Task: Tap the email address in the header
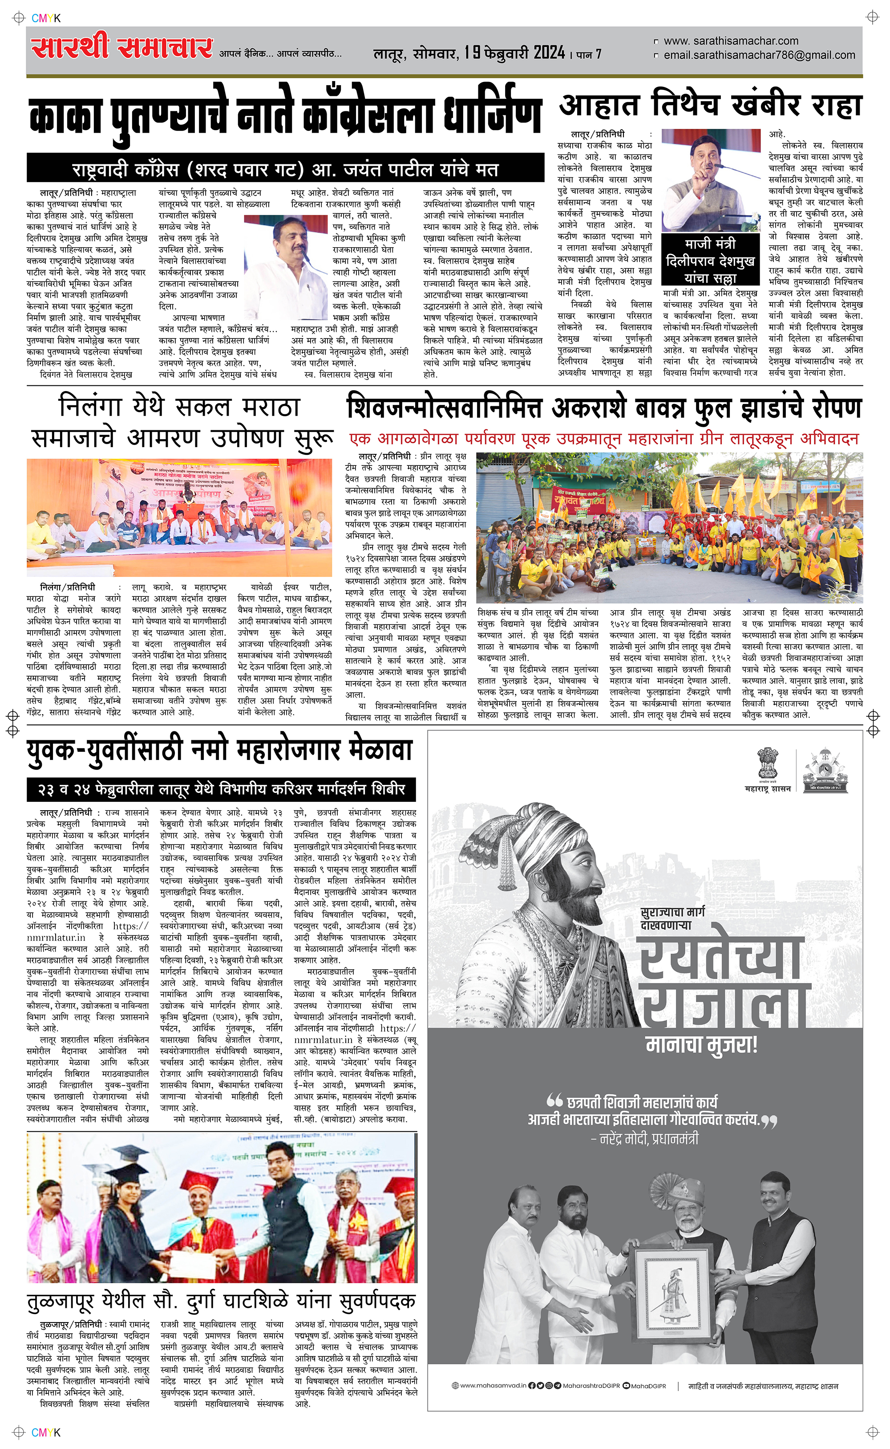[759, 55]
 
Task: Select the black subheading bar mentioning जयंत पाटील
[286, 170]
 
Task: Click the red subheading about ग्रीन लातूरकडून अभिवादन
[603, 439]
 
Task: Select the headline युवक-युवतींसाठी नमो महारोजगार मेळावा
[219, 751]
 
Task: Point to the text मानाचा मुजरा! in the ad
[702, 1045]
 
